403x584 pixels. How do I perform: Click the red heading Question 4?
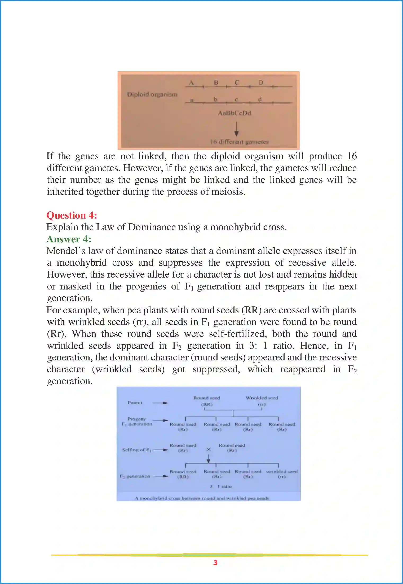[x=72, y=215]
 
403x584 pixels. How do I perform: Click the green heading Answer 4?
[x=69, y=239]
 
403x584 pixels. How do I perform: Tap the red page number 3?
[x=215, y=563]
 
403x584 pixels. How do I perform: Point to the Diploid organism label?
[x=152, y=94]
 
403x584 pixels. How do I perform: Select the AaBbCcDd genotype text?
[x=234, y=113]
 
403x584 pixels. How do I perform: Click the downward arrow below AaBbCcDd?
[x=236, y=129]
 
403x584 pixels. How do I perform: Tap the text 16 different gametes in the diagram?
[x=239, y=142]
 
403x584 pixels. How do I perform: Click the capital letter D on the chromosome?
[x=261, y=83]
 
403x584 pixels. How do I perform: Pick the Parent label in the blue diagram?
[x=135, y=403]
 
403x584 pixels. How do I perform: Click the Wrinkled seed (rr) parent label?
[x=262, y=401]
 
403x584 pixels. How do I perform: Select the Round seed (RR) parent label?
[x=207, y=401]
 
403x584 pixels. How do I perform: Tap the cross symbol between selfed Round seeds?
[x=209, y=449]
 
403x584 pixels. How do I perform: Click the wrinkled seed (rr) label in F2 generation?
[x=282, y=474]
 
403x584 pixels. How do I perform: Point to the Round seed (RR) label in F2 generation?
[x=183, y=474]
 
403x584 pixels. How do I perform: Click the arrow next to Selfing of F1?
[x=161, y=450]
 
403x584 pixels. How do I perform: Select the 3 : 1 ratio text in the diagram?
[x=221, y=486]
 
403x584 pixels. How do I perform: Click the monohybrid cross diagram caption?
[x=202, y=498]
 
